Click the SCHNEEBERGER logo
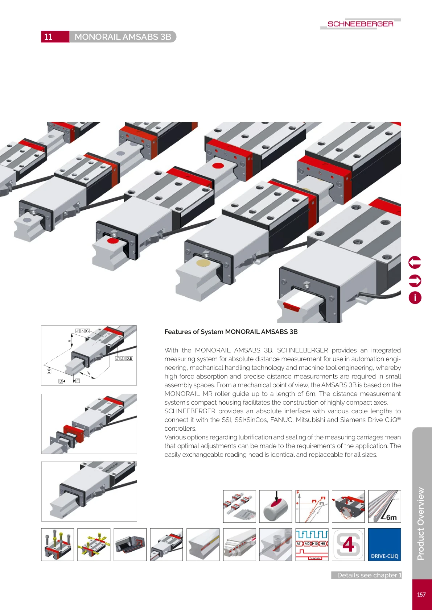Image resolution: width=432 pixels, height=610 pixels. click(x=360, y=24)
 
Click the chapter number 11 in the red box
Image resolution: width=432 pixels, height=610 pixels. click(x=49, y=37)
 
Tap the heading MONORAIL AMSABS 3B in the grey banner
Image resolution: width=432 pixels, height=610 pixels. click(x=123, y=37)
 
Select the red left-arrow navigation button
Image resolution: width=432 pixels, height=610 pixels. click(x=415, y=262)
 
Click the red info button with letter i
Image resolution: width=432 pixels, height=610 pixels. click(x=415, y=298)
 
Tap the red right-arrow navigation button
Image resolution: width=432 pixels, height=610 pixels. click(x=415, y=280)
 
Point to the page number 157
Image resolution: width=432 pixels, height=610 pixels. click(x=421, y=594)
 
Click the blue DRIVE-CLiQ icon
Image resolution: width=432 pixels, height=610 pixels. click(x=384, y=544)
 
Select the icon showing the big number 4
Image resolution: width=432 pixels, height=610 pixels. click(x=348, y=544)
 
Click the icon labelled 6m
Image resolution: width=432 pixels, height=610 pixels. click(x=384, y=506)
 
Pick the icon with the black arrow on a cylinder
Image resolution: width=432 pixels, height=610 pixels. click(x=276, y=506)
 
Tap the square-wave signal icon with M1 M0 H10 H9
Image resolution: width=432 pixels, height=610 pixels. click(x=312, y=544)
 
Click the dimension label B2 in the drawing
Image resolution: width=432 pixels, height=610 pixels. click(x=88, y=373)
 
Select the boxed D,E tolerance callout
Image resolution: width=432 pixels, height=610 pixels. click(x=124, y=359)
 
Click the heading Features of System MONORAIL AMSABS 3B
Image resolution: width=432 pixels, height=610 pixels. click(x=231, y=332)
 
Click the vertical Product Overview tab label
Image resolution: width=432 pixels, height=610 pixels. click(x=421, y=523)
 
